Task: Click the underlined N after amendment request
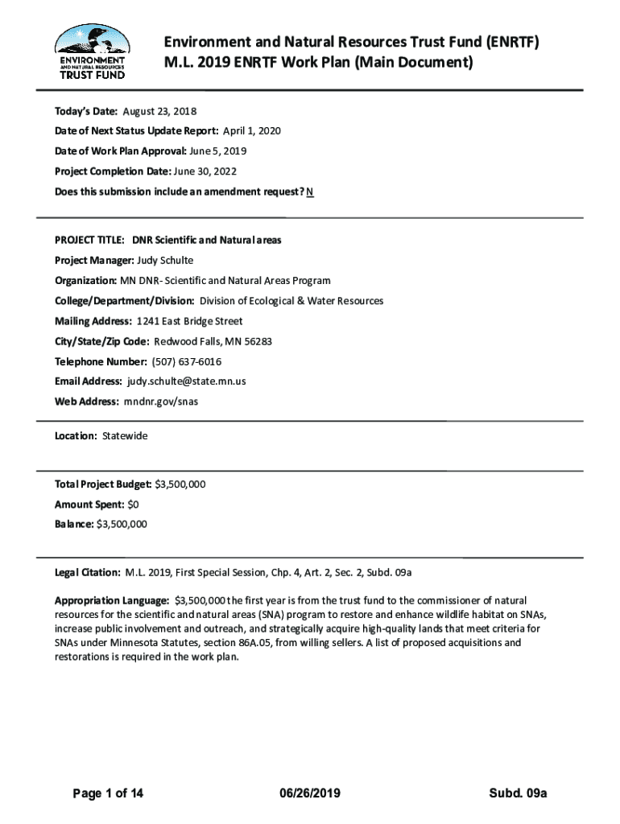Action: [x=310, y=192]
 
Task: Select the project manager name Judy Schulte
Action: [x=166, y=260]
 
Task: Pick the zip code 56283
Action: [x=258, y=341]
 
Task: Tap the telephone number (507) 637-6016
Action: [x=187, y=361]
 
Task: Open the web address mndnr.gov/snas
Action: [x=160, y=401]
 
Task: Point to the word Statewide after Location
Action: [x=125, y=435]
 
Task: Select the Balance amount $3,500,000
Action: [x=122, y=524]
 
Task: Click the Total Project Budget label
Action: [x=102, y=484]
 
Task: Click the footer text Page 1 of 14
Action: [x=108, y=793]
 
